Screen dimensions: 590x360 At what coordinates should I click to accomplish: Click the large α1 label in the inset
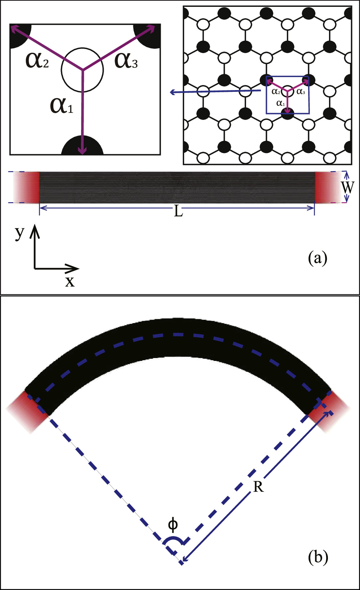(x=61, y=106)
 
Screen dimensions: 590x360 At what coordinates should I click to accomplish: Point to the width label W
(x=348, y=187)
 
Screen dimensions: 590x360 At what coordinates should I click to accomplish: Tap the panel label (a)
(x=318, y=258)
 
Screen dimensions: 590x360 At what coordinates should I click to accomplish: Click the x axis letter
(x=70, y=281)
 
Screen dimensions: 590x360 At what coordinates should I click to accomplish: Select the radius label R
(x=258, y=487)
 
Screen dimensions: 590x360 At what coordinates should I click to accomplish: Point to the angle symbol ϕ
(x=173, y=525)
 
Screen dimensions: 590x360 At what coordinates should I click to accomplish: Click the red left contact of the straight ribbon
(x=32, y=187)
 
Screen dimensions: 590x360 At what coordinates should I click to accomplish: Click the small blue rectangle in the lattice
(x=288, y=95)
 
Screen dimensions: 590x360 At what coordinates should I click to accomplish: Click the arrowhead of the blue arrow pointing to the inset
(x=173, y=93)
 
